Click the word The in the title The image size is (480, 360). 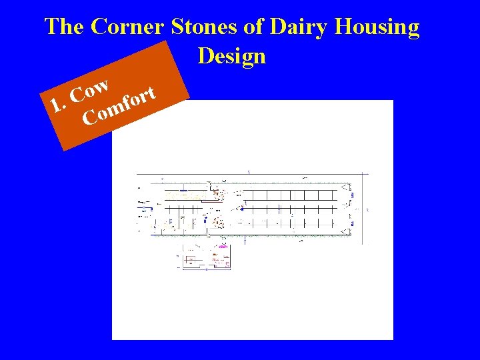(64, 27)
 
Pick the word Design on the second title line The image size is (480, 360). (231, 56)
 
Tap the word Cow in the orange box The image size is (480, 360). (91, 90)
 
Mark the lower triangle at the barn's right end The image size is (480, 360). (345, 231)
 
